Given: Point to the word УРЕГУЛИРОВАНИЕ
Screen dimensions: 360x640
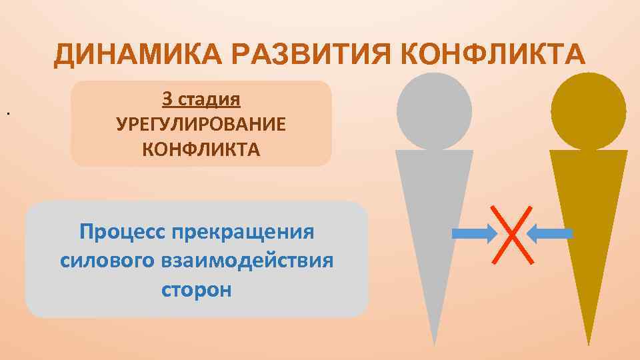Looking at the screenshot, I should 201,125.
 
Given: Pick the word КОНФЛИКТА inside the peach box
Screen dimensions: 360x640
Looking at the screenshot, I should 201,149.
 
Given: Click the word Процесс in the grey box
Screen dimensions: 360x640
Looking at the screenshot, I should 123,233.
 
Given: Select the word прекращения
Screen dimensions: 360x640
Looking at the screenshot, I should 242,233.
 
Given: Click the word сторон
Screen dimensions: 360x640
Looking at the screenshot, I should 197,290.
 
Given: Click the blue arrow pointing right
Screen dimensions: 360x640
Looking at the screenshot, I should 474,233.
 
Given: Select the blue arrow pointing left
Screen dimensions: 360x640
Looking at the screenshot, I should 550,233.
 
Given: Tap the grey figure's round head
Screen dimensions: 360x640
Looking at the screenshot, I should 433,111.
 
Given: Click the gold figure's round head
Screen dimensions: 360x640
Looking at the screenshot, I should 589,111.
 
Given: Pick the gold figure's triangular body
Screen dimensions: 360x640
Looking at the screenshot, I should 589,220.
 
